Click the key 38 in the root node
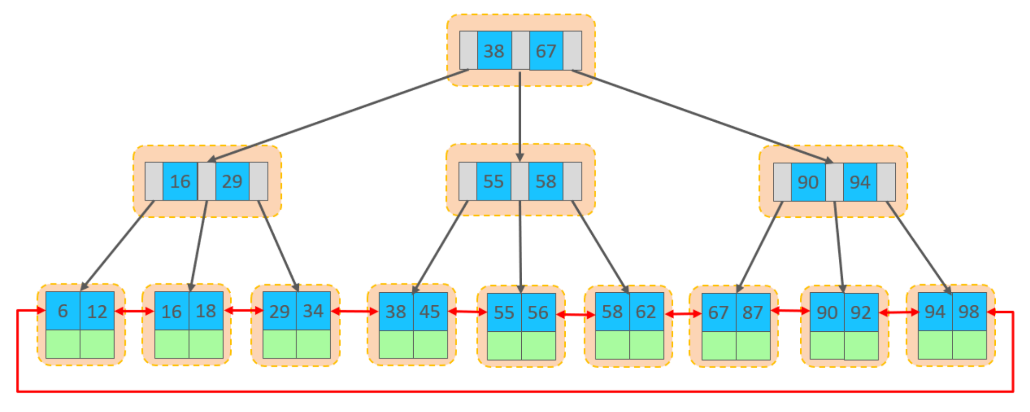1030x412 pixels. pos(494,51)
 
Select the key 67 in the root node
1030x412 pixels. pos(546,51)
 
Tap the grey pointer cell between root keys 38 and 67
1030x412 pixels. pos(520,51)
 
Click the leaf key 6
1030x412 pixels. pos(63,311)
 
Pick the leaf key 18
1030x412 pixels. pos(206,311)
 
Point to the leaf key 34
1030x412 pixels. pos(313,311)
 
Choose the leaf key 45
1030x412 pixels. pos(430,312)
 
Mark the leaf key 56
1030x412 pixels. pos(538,313)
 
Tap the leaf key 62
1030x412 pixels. pos(646,312)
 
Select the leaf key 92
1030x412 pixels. pos(861,313)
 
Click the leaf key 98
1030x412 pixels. pos(969,312)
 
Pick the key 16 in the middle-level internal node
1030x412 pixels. pos(180,182)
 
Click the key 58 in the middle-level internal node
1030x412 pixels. pos(546,182)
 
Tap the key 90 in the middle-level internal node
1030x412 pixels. pos(808,182)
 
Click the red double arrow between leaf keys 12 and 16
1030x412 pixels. pos(134,312)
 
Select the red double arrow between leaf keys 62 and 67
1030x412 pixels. pos(683,314)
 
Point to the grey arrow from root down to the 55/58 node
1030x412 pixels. pos(520,116)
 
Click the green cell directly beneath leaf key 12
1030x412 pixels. pos(97,344)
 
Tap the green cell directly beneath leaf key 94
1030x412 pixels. pos(935,345)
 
